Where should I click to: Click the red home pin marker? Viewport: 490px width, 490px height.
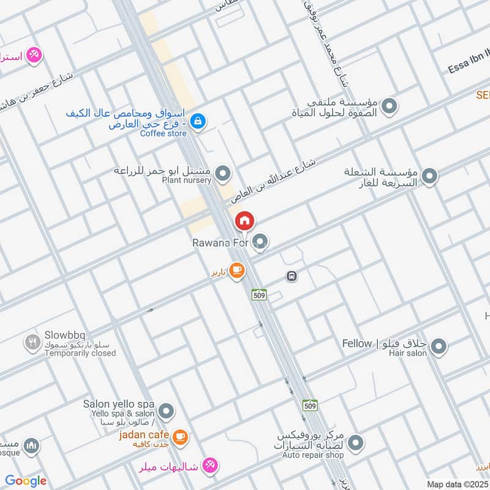(244, 221)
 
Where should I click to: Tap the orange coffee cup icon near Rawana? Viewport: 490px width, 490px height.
(237, 270)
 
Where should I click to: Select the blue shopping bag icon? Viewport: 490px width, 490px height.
(197, 121)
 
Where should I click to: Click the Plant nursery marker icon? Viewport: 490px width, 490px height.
(223, 173)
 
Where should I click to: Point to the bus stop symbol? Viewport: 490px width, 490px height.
(292, 276)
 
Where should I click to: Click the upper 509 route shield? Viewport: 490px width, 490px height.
(258, 295)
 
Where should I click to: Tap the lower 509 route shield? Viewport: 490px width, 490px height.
(310, 405)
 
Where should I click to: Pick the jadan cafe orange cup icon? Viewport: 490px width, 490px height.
(179, 436)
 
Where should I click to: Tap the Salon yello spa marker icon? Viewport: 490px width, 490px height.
(165, 410)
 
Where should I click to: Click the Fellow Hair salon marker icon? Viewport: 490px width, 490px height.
(437, 347)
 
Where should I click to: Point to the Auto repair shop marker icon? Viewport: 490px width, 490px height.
(356, 442)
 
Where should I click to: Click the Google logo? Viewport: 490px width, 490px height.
(26, 481)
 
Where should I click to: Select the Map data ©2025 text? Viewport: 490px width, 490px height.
(458, 484)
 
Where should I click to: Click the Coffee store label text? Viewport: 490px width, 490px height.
(163, 134)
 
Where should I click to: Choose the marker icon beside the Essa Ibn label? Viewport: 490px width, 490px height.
(388, 108)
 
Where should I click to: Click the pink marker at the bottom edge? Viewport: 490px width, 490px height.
(209, 466)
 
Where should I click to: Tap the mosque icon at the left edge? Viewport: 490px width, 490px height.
(31, 446)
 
